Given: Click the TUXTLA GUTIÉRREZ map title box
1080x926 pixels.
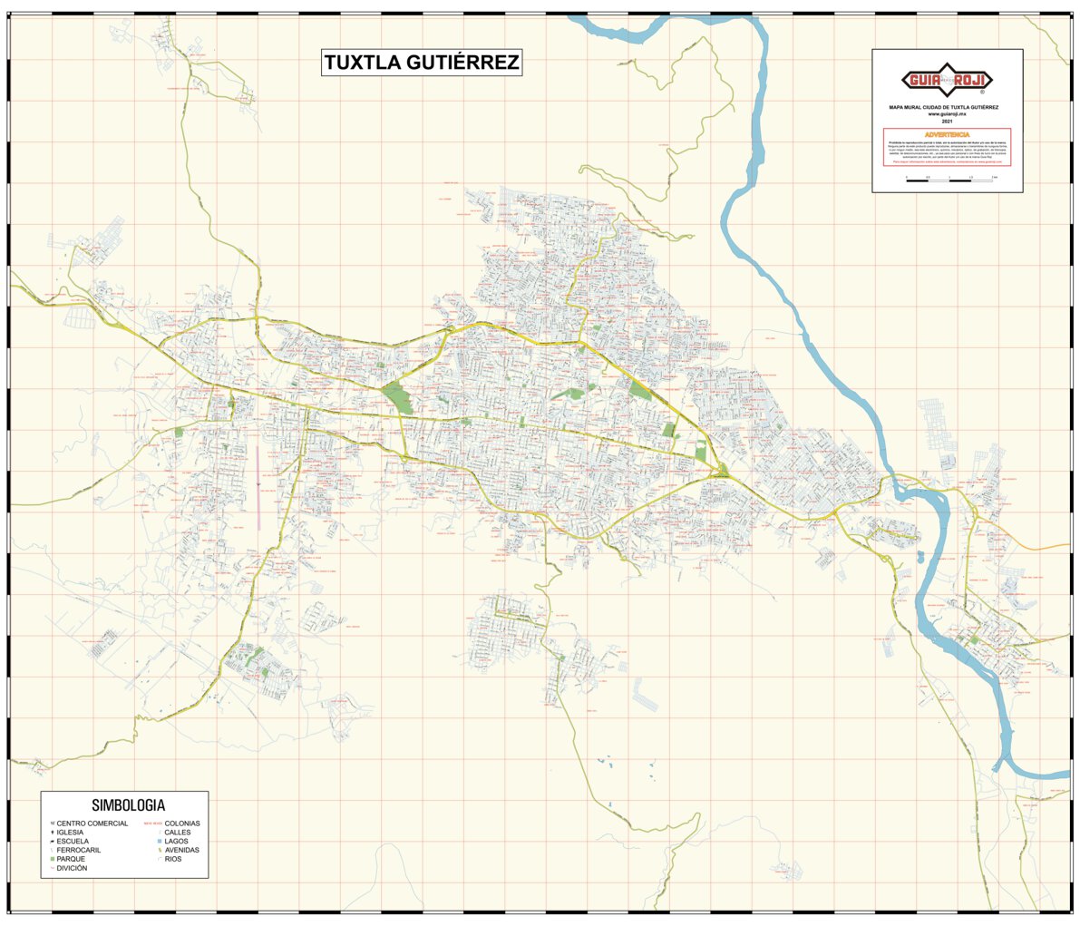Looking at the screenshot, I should pyautogui.click(x=422, y=63).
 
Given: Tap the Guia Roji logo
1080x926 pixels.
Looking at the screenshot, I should pyautogui.click(x=947, y=80).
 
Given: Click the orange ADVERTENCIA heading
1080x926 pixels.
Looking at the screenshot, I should pyautogui.click(x=947, y=134).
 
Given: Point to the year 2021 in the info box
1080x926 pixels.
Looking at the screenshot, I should pyautogui.click(x=947, y=121).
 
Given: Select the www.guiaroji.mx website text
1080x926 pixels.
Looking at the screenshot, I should pyautogui.click(x=947, y=114).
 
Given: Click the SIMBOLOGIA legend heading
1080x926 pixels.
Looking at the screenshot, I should pyautogui.click(x=128, y=804).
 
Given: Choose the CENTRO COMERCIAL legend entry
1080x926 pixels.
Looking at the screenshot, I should pyautogui.click(x=92, y=824).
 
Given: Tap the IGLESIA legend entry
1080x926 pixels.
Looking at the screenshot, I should pyautogui.click(x=70, y=833).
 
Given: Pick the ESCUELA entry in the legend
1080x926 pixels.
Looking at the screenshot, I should pyautogui.click(x=73, y=841).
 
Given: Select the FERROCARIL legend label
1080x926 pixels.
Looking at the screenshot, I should pyautogui.click(x=78, y=850).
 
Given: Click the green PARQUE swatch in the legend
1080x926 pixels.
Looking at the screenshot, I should pyautogui.click(x=53, y=859).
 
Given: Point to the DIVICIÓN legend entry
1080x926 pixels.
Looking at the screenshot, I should pyautogui.click(x=72, y=868).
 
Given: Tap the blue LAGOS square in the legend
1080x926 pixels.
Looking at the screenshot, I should pyautogui.click(x=159, y=842).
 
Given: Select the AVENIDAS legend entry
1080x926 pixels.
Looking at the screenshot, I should pyautogui.click(x=181, y=850).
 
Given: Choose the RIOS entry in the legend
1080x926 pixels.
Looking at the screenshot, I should pyautogui.click(x=172, y=859).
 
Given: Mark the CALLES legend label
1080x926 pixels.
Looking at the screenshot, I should pyautogui.click(x=177, y=833).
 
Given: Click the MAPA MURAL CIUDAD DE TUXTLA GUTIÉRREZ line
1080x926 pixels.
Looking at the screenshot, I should pyautogui.click(x=947, y=107).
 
